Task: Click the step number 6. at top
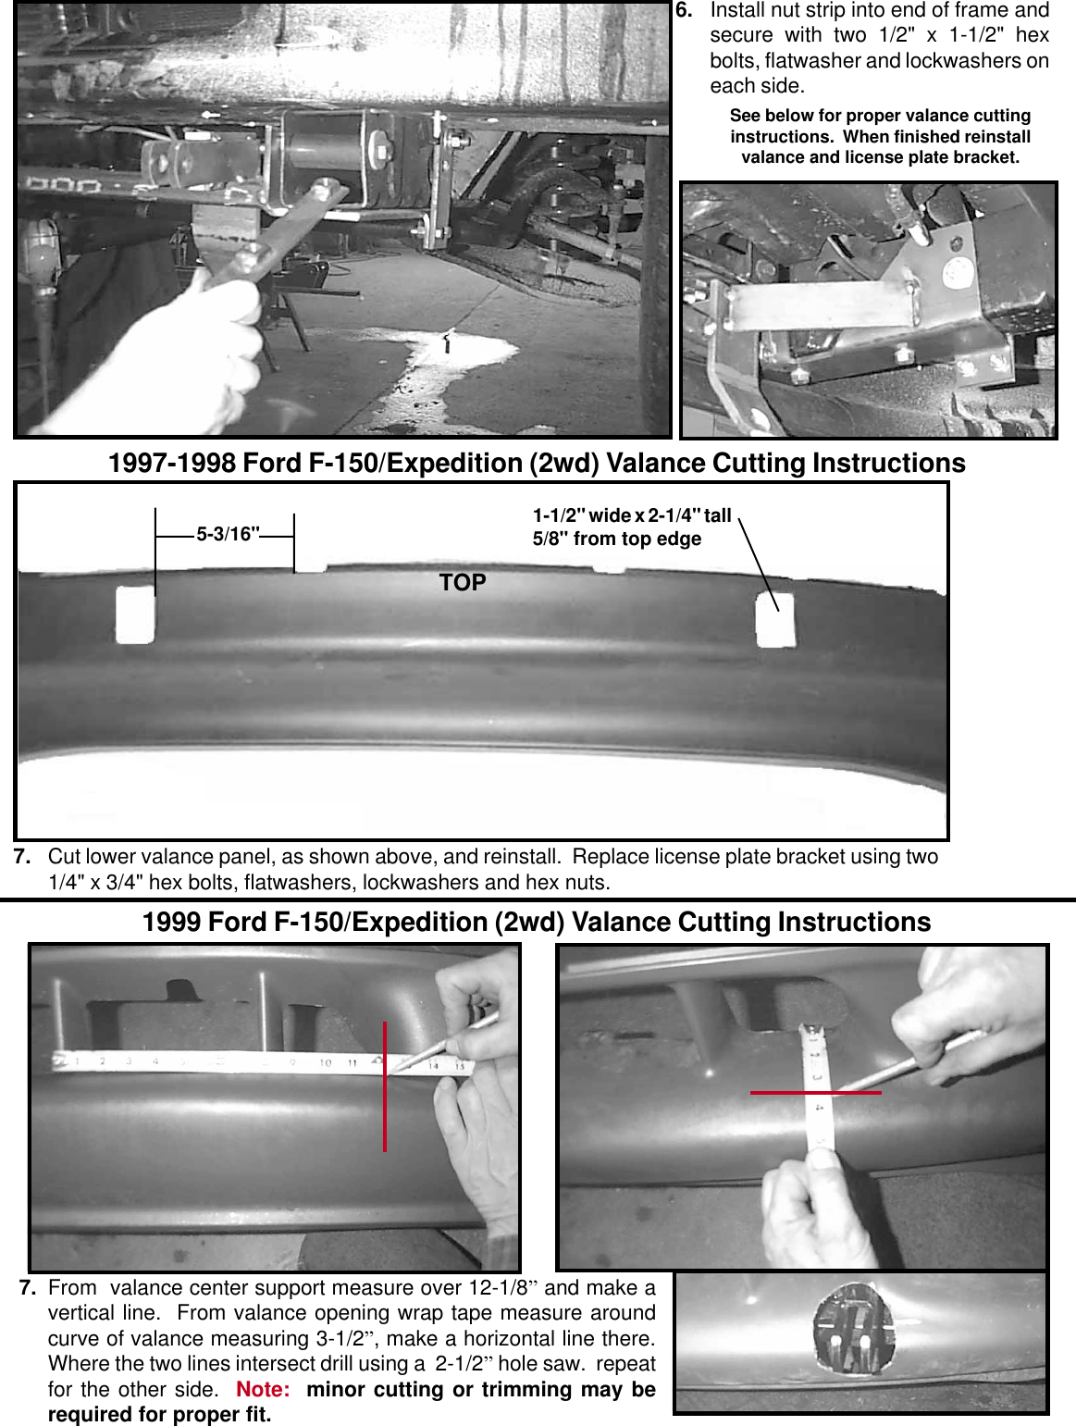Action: tap(684, 10)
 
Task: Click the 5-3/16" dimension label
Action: tap(228, 535)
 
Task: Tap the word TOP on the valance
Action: tap(463, 582)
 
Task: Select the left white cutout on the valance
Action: tap(135, 614)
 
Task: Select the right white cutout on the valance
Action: tap(775, 620)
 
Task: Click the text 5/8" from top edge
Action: tap(616, 539)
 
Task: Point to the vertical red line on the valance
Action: tap(385, 1087)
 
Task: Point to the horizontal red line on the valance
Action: tap(815, 1093)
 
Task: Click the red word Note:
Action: tap(263, 1390)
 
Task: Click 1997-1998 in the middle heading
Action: tap(172, 464)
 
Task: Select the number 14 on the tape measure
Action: tap(433, 1066)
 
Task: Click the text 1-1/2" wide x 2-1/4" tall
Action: tap(632, 515)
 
